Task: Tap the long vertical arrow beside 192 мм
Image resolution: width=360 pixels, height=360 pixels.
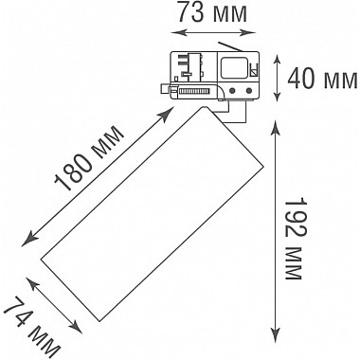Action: point(276,227)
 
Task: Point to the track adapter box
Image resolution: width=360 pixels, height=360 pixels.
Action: point(214,73)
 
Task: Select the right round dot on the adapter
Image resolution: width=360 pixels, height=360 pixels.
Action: point(248,91)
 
